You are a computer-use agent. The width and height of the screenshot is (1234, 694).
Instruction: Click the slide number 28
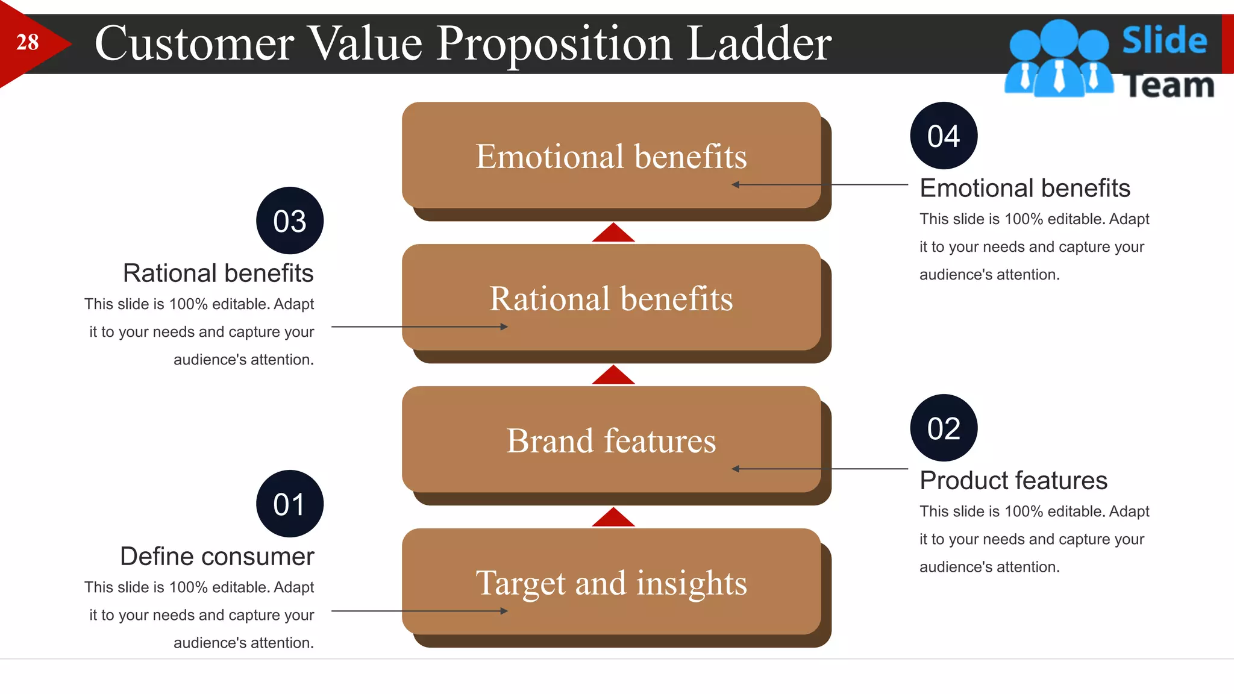27,43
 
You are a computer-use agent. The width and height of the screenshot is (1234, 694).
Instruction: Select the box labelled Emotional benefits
611,155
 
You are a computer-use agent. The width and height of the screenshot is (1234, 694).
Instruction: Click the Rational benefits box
611,298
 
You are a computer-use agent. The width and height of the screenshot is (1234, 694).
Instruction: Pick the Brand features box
611,440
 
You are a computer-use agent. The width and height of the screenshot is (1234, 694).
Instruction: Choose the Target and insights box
611,582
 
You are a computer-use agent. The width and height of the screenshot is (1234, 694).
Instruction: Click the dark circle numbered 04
944,136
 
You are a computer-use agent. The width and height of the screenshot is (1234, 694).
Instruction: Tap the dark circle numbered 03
290,220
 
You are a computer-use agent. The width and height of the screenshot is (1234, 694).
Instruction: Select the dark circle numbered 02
944,428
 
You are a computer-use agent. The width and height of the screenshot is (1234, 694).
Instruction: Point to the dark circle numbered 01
290,504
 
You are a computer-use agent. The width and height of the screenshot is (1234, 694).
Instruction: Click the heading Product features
1013,480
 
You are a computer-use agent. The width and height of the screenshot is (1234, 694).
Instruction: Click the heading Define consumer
217,556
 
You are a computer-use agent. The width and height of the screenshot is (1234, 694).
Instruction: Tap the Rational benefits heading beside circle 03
218,273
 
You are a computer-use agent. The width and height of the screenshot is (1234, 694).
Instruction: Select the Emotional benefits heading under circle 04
1024,188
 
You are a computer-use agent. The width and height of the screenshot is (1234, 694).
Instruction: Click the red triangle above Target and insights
613,519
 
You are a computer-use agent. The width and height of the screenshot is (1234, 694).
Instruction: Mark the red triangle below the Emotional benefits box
613,234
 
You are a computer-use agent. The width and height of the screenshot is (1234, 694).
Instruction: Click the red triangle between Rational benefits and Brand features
613,377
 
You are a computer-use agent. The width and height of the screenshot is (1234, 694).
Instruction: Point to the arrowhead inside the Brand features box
736,469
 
